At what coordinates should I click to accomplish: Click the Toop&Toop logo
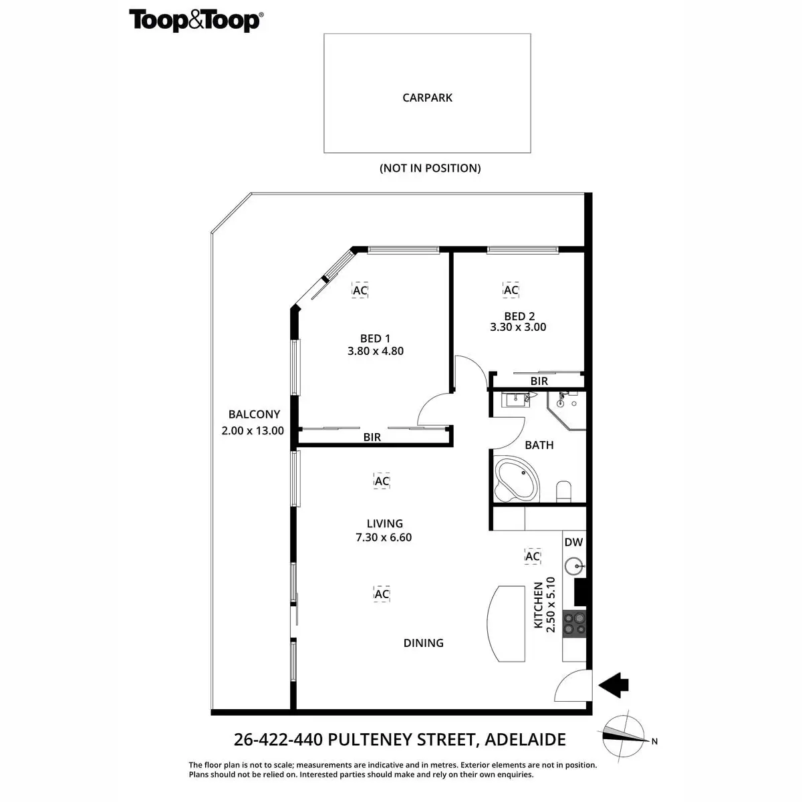click(196, 21)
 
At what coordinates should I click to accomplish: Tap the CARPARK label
click(427, 98)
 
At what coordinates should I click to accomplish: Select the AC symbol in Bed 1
click(360, 291)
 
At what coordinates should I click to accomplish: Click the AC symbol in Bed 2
click(511, 290)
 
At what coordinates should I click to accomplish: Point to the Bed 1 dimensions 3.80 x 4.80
click(376, 351)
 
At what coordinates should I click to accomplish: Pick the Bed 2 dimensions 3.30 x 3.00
click(518, 327)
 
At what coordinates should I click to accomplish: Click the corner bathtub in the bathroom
click(515, 479)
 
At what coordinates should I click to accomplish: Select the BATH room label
click(539, 445)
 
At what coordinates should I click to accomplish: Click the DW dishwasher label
click(573, 543)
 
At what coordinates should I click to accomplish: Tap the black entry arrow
click(614, 685)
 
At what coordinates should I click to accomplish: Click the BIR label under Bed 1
click(372, 437)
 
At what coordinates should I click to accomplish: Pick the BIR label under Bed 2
click(539, 381)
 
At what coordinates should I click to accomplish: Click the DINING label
click(424, 643)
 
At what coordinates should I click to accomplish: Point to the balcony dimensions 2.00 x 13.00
click(253, 431)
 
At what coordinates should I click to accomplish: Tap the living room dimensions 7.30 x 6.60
click(384, 537)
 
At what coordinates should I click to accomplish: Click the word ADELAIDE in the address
click(525, 740)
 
